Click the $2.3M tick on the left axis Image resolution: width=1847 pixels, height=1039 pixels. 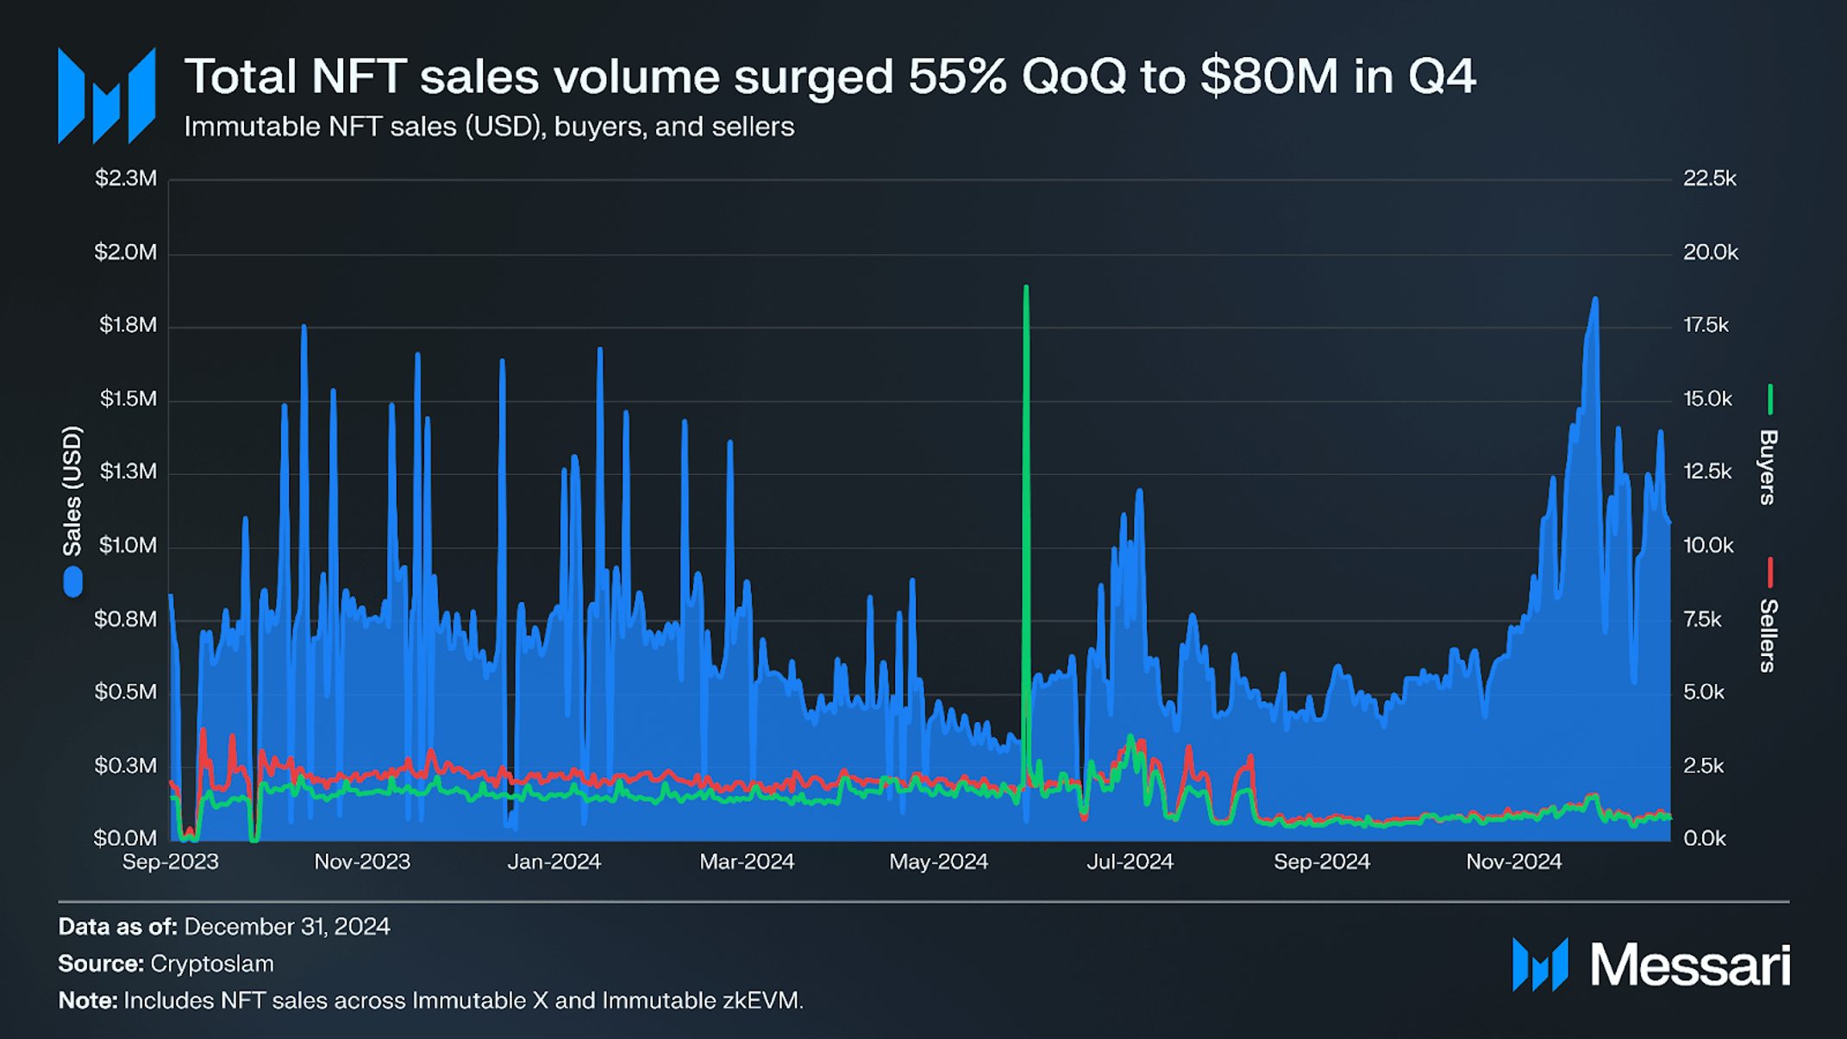point(126,178)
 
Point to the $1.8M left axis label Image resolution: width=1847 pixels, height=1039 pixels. point(128,325)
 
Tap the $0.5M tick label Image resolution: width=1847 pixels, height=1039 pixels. point(126,692)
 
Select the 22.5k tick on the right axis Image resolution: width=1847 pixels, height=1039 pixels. point(1709,178)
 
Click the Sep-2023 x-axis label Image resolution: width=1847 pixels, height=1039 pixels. point(170,861)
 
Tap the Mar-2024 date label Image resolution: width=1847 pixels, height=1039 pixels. point(746,861)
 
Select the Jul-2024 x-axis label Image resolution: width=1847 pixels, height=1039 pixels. point(1130,861)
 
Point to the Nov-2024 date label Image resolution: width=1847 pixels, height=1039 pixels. point(1513,861)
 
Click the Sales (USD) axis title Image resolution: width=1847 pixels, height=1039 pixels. point(72,491)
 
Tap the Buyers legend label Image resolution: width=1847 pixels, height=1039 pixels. point(1767,466)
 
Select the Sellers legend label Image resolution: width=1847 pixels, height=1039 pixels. point(1767,635)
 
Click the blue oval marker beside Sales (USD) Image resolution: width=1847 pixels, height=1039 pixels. point(73,582)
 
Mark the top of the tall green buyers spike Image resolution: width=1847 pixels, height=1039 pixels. point(1026,287)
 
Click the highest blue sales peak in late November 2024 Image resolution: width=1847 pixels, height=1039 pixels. point(1595,298)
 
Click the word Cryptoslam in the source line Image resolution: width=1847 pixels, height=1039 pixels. point(212,964)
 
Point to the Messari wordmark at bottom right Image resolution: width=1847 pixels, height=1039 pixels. point(1689,965)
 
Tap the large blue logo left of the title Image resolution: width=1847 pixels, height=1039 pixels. point(106,96)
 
